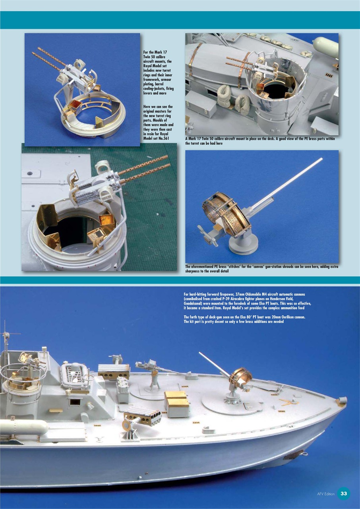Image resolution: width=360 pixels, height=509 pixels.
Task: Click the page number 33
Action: [344, 493]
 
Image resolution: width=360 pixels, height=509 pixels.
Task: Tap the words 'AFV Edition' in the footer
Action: [326, 494]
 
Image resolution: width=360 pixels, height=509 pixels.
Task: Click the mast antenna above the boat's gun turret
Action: [5, 336]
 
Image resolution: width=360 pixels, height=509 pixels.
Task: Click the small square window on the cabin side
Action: [74, 402]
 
